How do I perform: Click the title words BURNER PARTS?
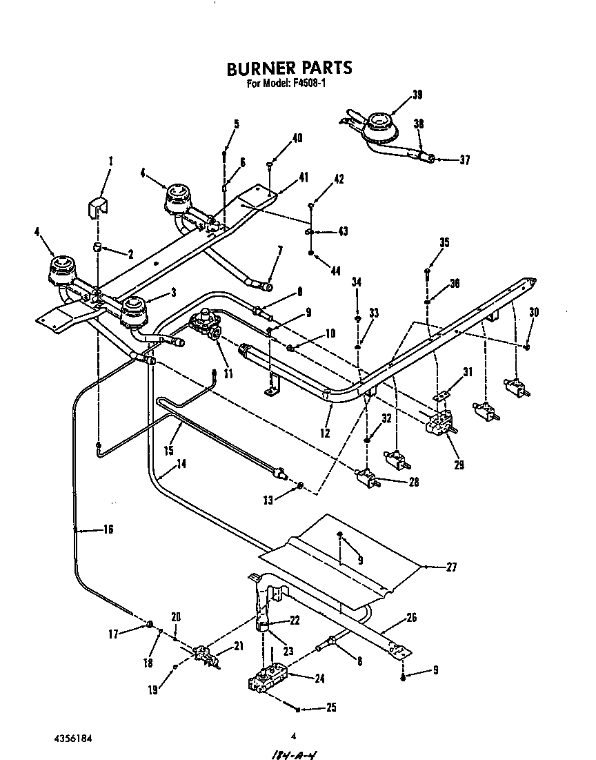(290, 68)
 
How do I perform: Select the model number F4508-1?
(314, 85)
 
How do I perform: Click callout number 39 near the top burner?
(417, 95)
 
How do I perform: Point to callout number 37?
(464, 160)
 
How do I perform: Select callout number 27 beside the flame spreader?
(451, 567)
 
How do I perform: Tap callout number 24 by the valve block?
(319, 678)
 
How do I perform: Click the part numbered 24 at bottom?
(268, 676)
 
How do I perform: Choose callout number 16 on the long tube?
(108, 529)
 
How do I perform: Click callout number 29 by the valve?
(459, 465)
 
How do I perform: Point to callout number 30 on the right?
(533, 312)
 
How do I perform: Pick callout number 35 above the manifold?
(444, 242)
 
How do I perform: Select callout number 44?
(335, 271)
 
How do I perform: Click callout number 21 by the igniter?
(239, 645)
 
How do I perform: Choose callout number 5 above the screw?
(236, 124)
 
